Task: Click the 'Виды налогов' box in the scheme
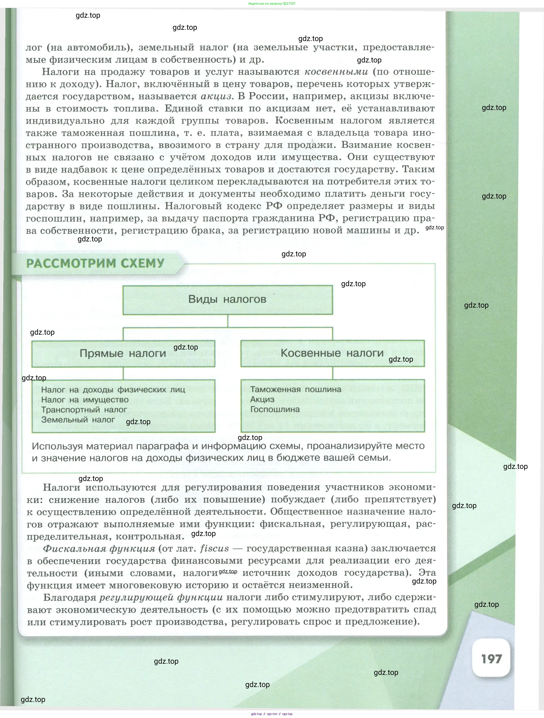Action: point(227,300)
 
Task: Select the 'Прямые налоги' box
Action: point(123,354)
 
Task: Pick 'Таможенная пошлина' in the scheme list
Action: point(296,389)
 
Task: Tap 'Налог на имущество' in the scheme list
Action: point(85,400)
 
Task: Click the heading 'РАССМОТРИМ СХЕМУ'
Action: point(95,263)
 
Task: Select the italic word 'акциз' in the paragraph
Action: point(216,96)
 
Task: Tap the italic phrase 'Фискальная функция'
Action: point(99,549)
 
